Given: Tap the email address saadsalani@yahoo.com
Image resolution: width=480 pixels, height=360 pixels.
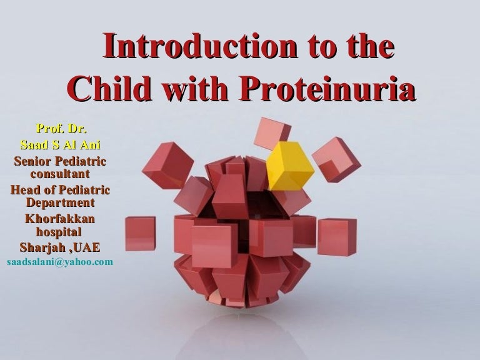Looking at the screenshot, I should (60, 261).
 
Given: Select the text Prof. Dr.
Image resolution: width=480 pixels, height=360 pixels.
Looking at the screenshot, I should (61, 129).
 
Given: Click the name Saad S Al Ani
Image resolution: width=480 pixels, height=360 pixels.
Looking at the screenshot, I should (61, 146).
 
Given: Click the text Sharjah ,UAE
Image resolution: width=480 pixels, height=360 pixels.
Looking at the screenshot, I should (60, 247).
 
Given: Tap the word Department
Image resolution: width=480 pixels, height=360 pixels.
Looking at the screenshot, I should (60, 203).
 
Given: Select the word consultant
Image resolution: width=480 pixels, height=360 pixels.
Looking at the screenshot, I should (60, 173).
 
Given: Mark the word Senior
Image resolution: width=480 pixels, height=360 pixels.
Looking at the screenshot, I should (31, 161).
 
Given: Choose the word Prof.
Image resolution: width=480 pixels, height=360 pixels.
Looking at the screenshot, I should (49, 129).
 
